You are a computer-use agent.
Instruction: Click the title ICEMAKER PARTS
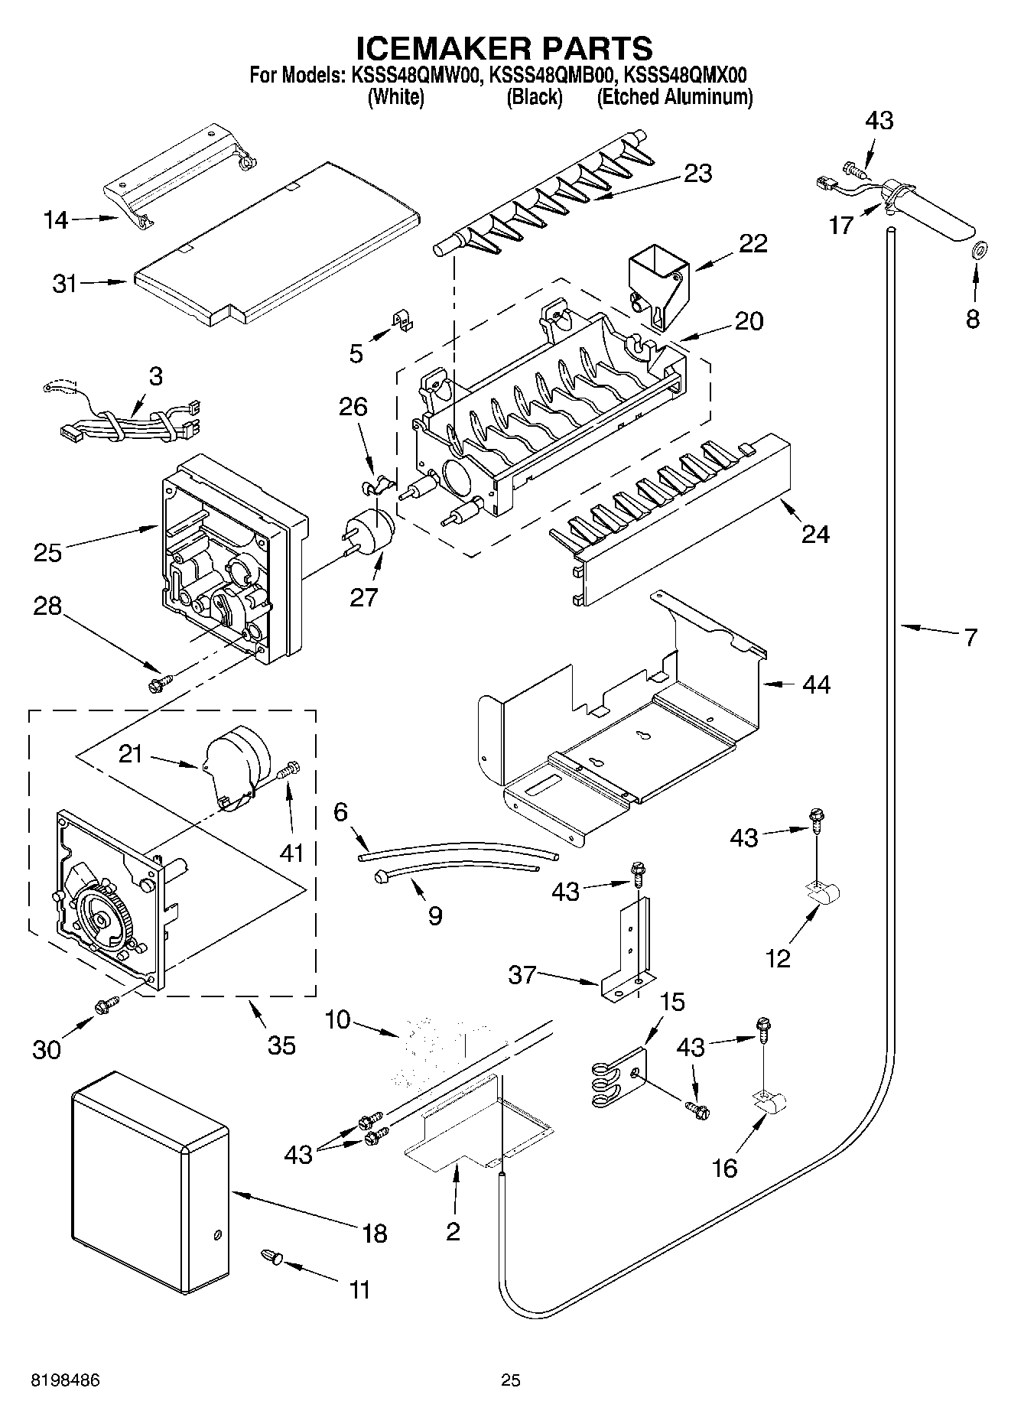point(505,47)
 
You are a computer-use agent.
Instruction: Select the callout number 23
point(697,173)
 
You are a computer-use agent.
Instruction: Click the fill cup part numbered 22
point(658,287)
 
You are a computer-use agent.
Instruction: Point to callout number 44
point(816,684)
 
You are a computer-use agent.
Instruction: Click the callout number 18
point(375,1233)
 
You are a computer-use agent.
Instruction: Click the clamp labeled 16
point(769,1103)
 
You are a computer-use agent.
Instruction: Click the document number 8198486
point(65,1380)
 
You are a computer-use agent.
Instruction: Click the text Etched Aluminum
point(675,97)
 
